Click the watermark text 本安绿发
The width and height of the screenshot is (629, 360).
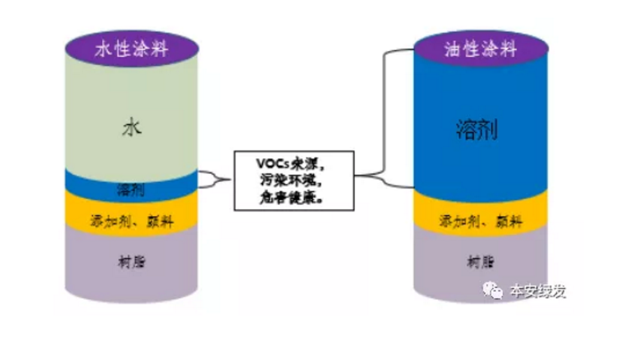pos(539,291)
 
